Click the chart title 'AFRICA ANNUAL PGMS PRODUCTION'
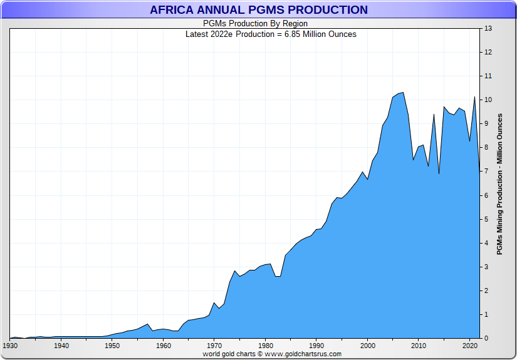[258, 10]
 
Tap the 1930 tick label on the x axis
[10, 346]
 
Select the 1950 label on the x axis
[112, 346]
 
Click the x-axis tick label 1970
[214, 346]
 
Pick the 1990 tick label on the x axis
[316, 346]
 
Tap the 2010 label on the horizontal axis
[419, 346]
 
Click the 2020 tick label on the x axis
[469, 346]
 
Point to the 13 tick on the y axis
[488, 29]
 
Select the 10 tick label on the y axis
[488, 100]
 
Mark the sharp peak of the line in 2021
[474, 97]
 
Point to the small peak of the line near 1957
[148, 324]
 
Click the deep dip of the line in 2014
[439, 173]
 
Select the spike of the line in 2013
[434, 113]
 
